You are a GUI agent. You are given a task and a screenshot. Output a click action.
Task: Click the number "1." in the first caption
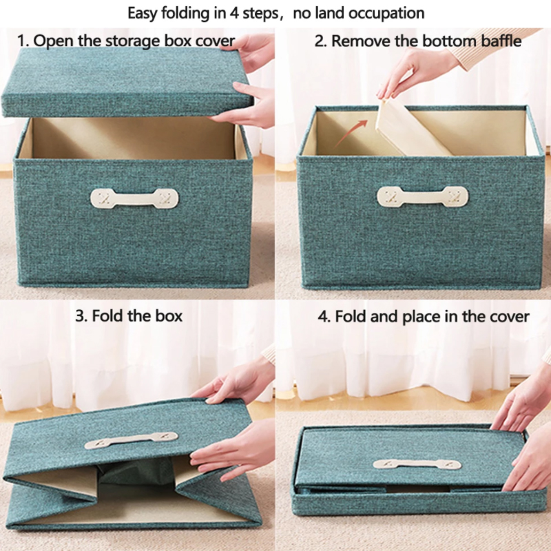pos(23,41)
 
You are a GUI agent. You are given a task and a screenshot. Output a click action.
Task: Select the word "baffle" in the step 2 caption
pos(500,41)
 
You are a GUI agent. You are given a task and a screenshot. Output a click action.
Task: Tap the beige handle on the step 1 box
pos(134,199)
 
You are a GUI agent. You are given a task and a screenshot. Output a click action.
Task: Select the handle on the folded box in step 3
pos(131,439)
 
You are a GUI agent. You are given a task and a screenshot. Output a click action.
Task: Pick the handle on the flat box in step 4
pos(417,464)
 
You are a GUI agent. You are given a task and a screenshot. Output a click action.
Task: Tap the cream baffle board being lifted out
pos(406,131)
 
